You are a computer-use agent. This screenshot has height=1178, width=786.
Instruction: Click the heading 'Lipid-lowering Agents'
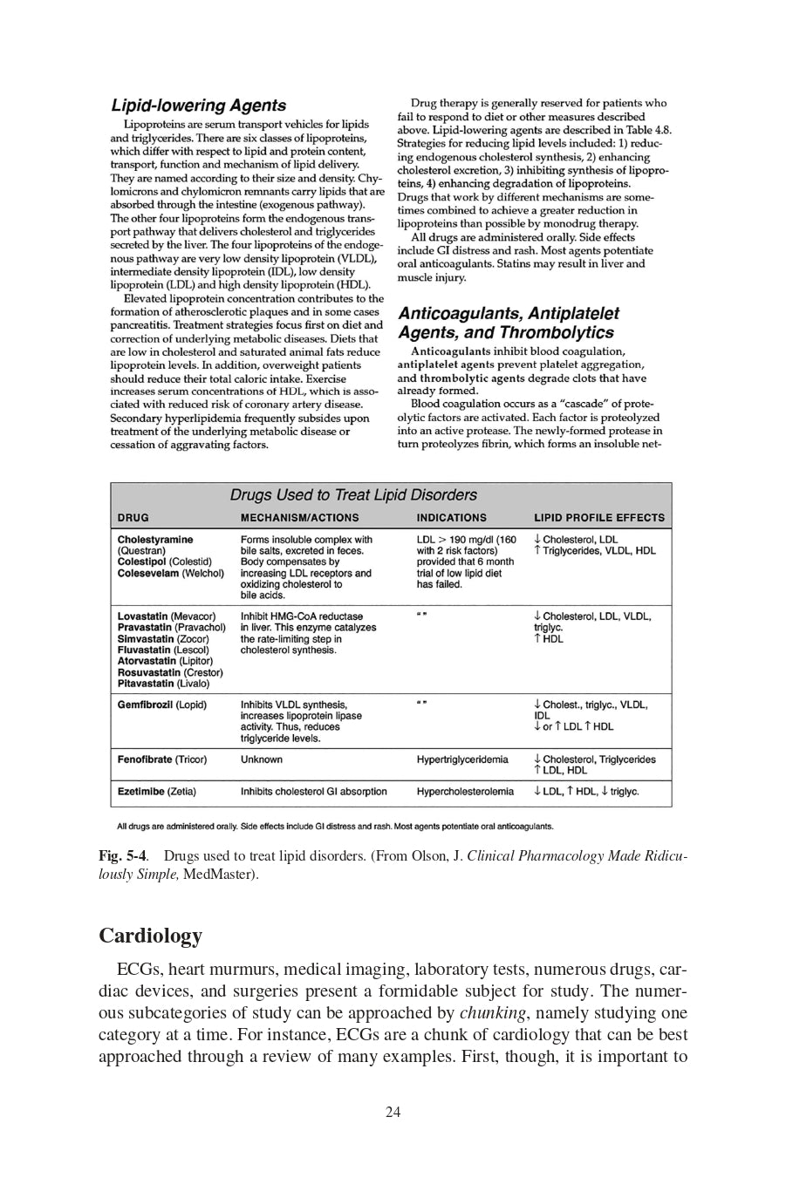coord(198,106)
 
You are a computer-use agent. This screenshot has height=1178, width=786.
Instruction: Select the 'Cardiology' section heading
coord(150,936)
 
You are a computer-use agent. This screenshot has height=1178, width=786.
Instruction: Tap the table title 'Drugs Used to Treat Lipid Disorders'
coord(353,494)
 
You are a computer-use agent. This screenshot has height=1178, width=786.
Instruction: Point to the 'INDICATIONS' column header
coord(451,517)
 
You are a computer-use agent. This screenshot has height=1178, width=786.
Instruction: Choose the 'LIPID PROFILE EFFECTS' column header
coord(598,517)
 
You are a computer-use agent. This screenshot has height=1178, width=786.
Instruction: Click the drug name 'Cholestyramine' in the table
coord(155,540)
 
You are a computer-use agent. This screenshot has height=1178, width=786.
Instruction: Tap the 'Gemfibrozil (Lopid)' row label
coord(161,705)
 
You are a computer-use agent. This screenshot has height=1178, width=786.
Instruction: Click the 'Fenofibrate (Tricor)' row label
coord(161,759)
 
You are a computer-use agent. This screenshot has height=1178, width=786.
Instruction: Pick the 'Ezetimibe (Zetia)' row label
coord(156,792)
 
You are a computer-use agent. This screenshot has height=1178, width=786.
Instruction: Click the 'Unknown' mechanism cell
coord(261,759)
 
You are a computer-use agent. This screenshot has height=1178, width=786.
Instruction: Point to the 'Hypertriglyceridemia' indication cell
coord(461,759)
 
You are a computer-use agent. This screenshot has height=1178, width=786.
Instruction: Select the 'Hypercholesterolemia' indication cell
coord(465,792)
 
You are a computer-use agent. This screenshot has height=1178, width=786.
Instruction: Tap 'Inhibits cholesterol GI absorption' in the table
coord(313,792)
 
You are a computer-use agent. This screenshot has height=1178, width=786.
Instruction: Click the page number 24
coord(393,1112)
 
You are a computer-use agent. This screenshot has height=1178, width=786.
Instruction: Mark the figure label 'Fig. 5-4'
coord(122,856)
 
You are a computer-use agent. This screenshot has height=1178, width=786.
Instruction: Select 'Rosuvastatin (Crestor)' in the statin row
coord(169,672)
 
